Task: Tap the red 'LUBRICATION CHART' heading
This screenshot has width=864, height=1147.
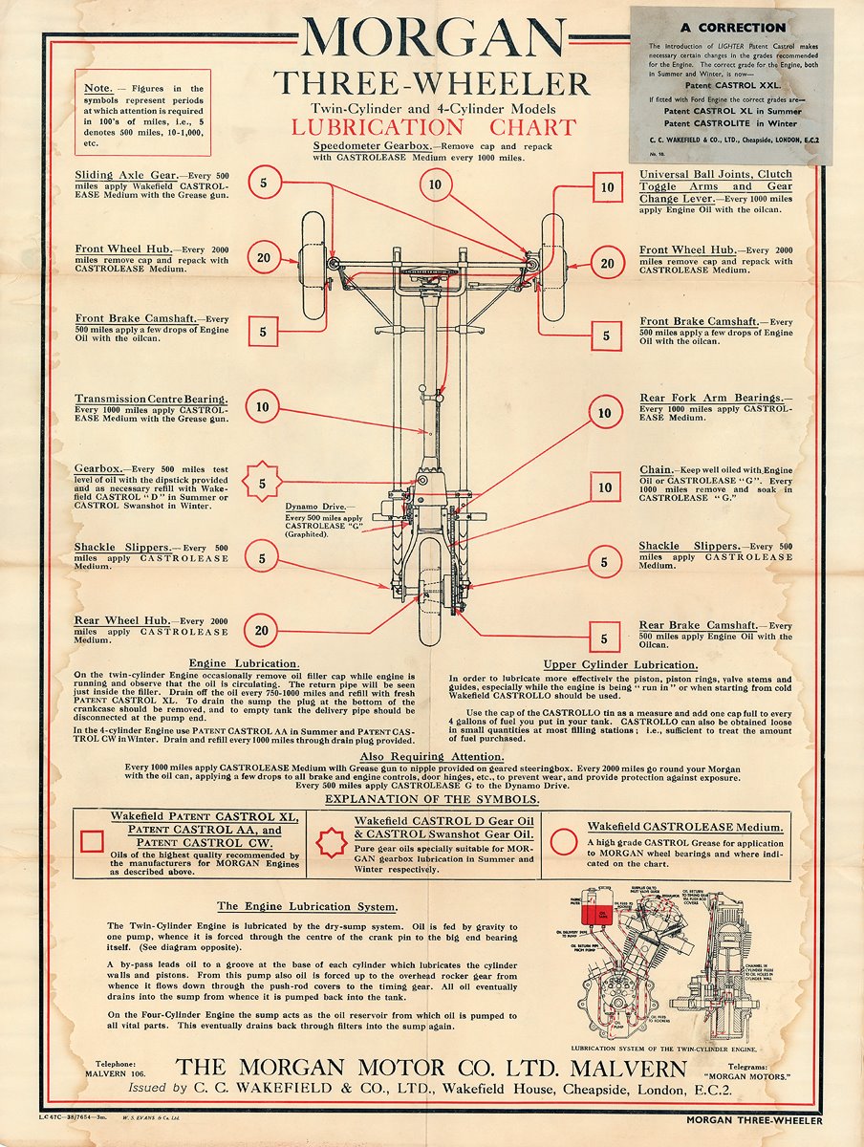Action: click(434, 127)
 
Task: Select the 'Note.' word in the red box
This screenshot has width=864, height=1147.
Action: click(101, 88)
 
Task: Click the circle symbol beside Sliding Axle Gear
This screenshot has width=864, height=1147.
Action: click(265, 181)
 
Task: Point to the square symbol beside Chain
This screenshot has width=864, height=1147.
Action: click(605, 487)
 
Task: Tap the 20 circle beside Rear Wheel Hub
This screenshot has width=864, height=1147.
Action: click(262, 630)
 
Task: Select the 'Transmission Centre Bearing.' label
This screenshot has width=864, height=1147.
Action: click(151, 399)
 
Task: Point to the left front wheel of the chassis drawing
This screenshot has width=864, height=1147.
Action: click(313, 267)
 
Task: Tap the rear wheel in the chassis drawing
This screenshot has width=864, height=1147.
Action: click(431, 593)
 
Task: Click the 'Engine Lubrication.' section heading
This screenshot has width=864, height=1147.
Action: click(244, 663)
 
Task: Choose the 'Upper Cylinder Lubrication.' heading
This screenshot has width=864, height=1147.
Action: click(620, 664)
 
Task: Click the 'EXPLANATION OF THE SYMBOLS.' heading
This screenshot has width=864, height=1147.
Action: click(432, 799)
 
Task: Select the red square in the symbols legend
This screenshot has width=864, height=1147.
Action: click(93, 841)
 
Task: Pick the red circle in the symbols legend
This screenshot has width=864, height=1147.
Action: click(565, 841)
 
